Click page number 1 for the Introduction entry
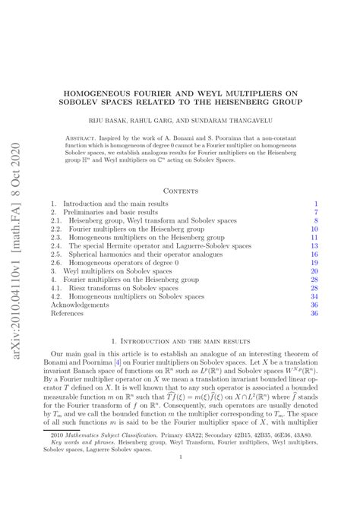(x=315, y=204)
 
